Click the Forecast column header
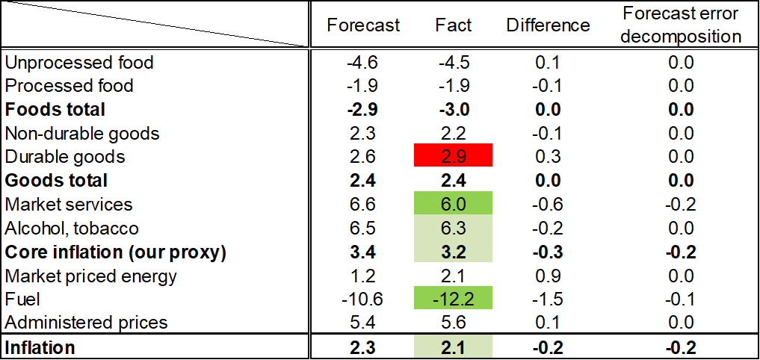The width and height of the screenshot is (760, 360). pyautogui.click(x=364, y=25)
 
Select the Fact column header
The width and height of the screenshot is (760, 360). pyautogui.click(x=454, y=25)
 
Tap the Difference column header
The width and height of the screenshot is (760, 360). pyautogui.click(x=548, y=25)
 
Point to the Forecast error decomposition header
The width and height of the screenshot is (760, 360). pyautogui.click(x=681, y=25)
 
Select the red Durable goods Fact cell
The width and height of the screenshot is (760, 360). pyautogui.click(x=454, y=157)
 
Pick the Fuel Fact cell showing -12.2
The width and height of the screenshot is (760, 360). pyautogui.click(x=454, y=299)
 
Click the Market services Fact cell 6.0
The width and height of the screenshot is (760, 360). pyautogui.click(x=454, y=204)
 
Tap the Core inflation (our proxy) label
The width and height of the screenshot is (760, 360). pyautogui.click(x=115, y=252)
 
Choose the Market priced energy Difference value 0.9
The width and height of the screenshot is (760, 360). pyautogui.click(x=548, y=276)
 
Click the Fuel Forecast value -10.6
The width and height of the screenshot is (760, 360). pyautogui.click(x=364, y=299)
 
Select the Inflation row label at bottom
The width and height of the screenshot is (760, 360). pyautogui.click(x=40, y=347)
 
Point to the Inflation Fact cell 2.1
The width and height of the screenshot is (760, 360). pyautogui.click(x=454, y=347)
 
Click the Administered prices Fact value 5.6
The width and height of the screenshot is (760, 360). pyautogui.click(x=454, y=323)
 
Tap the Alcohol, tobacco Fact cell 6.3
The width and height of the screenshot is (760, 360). pyautogui.click(x=454, y=228)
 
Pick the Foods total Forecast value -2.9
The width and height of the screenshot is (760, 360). pyautogui.click(x=364, y=110)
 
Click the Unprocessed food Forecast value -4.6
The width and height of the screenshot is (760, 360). pyautogui.click(x=364, y=62)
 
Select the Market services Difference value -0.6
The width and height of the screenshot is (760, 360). pyautogui.click(x=548, y=204)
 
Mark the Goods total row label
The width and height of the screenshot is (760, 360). pyautogui.click(x=56, y=181)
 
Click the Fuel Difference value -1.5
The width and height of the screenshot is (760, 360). pyautogui.click(x=548, y=299)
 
